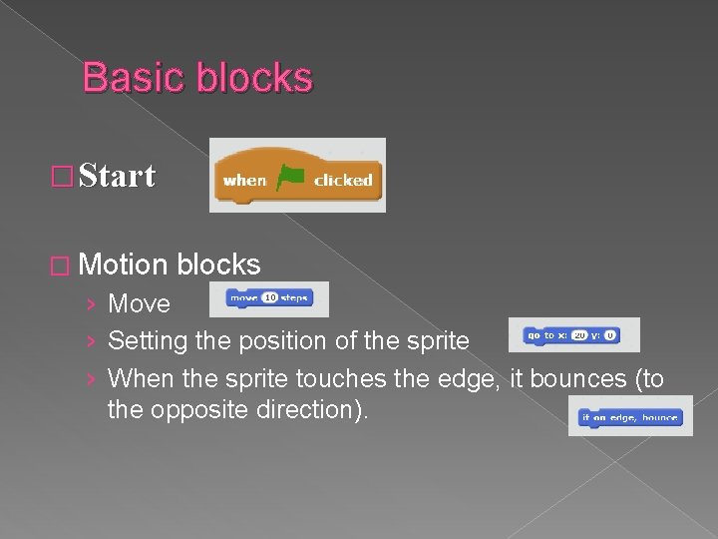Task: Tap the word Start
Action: point(117,177)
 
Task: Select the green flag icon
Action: point(290,178)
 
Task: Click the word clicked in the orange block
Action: point(343,181)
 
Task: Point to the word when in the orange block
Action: point(245,181)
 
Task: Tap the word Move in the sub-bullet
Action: point(139,303)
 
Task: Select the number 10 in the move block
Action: point(268,297)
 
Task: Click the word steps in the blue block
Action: point(294,297)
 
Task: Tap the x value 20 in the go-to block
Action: point(578,335)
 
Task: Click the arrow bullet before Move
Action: point(92,303)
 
